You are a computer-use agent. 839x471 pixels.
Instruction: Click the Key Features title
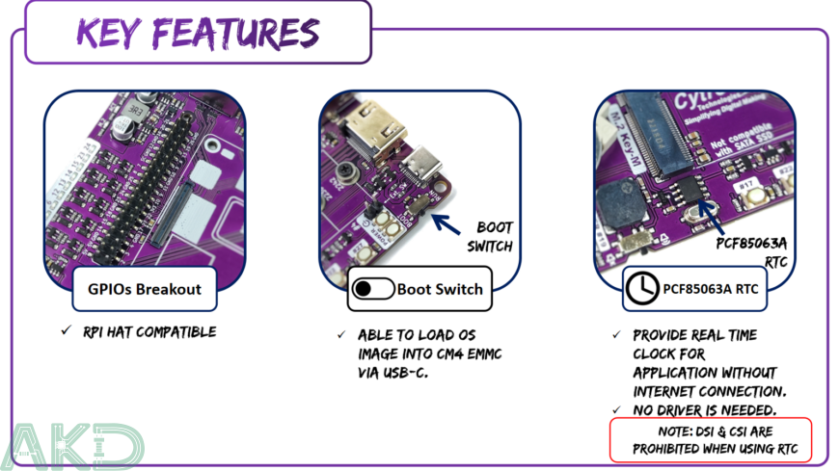197,34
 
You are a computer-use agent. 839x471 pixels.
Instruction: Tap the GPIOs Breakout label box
145,289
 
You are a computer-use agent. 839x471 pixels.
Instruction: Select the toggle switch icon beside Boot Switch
372,289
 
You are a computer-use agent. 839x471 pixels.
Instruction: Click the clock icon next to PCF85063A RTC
643,289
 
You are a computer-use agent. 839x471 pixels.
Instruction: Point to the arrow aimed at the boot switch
444,224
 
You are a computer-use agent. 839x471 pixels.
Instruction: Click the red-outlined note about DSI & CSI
710,439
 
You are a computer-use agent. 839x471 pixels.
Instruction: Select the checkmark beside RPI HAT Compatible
66,331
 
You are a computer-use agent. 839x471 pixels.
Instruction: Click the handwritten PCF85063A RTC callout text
754,251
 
